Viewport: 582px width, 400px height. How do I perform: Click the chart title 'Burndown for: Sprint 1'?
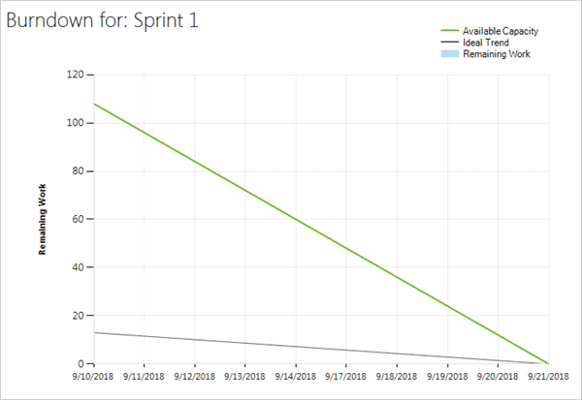pos(103,20)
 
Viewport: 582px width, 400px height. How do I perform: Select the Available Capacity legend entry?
pos(501,32)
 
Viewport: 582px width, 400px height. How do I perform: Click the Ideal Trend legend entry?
pos(486,43)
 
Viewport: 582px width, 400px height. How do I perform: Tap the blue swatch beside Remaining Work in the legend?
pos(449,54)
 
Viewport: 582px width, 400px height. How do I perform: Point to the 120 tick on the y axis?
pos(74,75)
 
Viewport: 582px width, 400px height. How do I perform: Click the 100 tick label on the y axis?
pos(74,123)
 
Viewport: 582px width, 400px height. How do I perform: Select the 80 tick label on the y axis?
pos(77,171)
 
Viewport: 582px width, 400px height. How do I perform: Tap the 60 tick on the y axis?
pos(77,219)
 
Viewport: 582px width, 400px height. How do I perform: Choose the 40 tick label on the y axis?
pos(77,267)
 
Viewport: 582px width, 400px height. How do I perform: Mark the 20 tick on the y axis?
pos(77,316)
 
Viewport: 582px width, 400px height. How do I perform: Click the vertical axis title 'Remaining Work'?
pos(44,220)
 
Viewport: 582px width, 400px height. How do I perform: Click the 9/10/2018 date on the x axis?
pos(93,378)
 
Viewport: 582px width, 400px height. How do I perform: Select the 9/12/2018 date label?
pos(194,378)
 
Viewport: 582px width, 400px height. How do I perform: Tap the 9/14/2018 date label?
pos(296,378)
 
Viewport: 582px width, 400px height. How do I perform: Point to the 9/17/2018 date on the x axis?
pos(346,378)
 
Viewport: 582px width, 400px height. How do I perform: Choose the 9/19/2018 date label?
pos(447,378)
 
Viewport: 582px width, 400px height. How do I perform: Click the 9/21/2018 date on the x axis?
pos(549,378)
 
